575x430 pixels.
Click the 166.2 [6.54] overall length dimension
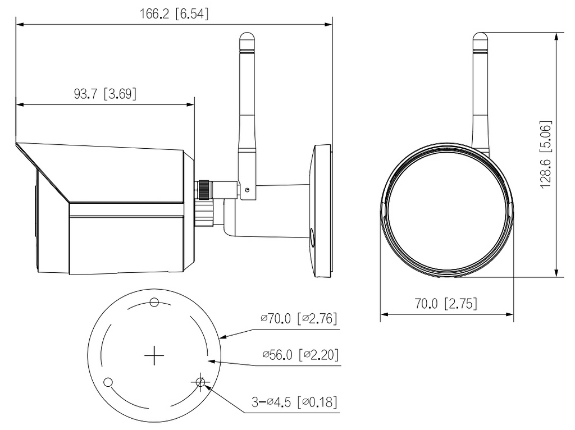point(174,14)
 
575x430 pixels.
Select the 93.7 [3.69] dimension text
point(106,93)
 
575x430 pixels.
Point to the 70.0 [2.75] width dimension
point(446,304)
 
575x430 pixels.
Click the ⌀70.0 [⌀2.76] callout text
point(299,319)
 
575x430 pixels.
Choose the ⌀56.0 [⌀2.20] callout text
point(300,355)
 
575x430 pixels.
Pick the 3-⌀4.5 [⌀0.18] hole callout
point(294,402)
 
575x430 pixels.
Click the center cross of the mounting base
point(153,355)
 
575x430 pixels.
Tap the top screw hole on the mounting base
point(154,303)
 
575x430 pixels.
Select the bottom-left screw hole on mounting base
point(108,382)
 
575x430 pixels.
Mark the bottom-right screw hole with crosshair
point(200,382)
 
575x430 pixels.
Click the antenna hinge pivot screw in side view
point(247,190)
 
